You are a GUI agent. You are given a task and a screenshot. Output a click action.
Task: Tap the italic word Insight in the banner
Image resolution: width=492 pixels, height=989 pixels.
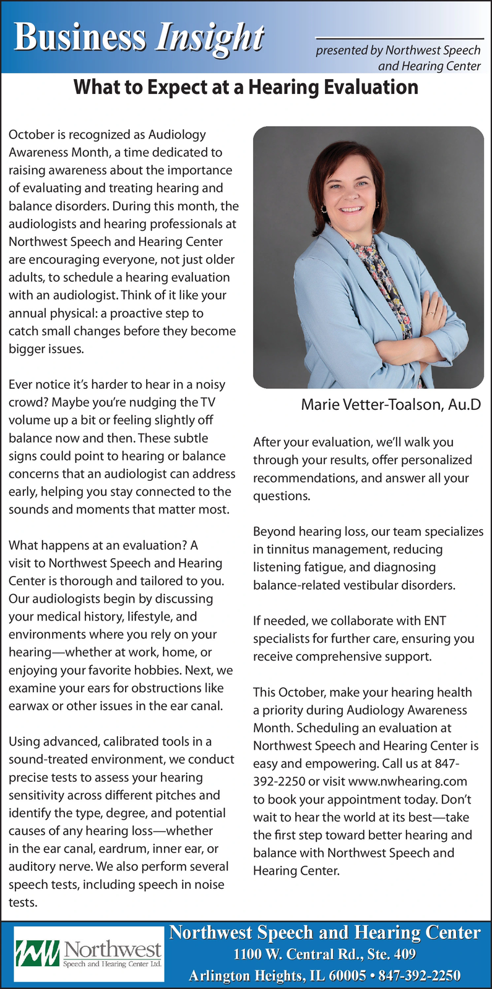coord(209,38)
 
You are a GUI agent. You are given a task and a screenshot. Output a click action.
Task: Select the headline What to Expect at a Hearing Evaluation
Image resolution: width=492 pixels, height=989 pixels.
coord(246,87)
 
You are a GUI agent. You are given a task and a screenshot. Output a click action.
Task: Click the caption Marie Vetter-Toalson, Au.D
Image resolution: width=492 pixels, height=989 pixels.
coord(391,405)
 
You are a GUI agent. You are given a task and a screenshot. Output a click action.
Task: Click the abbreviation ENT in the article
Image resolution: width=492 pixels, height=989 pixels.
coord(434,621)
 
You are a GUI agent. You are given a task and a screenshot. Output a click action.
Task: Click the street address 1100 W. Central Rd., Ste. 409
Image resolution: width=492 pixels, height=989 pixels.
coord(324,954)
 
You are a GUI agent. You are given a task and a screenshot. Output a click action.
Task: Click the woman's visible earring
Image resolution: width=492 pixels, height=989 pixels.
coord(323,209)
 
